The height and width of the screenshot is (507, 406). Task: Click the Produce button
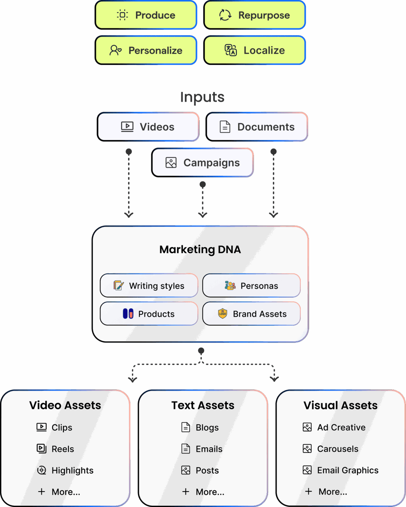[146, 15]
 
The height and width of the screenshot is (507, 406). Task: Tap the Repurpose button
[254, 15]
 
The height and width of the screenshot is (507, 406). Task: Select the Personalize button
[146, 50]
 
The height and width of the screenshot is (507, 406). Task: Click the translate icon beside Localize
[231, 50]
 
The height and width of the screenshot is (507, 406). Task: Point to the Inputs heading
[202, 97]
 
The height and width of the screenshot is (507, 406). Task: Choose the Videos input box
[148, 127]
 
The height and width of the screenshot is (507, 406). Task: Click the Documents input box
[257, 127]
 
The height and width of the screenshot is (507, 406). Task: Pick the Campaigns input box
[203, 162]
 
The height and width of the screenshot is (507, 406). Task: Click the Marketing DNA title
[200, 250]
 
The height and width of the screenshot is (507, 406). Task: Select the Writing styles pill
[149, 286]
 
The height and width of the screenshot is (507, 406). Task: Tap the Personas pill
[251, 286]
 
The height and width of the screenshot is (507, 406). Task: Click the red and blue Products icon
[128, 314]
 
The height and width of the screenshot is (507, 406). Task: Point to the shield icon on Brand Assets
[223, 313]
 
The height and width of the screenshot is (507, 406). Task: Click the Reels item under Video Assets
[63, 449]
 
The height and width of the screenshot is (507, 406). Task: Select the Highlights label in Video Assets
[73, 470]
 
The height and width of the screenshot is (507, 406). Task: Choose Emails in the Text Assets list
[209, 449]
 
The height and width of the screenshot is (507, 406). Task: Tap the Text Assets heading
[203, 405]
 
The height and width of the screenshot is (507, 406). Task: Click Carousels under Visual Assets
[338, 449]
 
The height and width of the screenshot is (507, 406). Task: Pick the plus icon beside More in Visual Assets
[308, 491]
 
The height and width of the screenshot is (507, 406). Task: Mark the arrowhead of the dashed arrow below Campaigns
[203, 215]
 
